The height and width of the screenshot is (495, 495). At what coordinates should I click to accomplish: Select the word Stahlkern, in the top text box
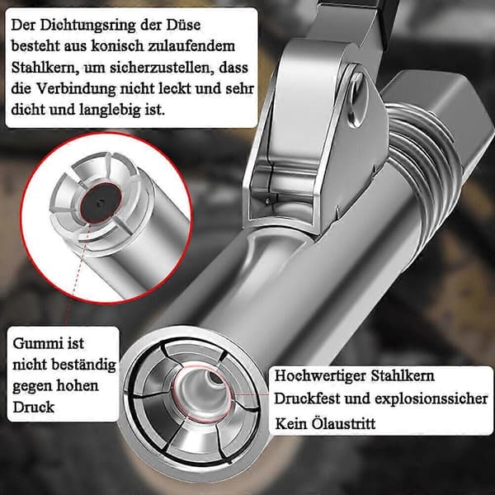coord(45,68)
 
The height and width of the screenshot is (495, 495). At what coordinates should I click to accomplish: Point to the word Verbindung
coord(77,89)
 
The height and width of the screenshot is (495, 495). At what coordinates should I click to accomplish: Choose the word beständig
coord(84,365)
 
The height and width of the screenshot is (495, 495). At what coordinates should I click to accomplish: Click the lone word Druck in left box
coord(34,408)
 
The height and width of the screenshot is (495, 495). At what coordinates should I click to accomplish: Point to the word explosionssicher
coord(431,399)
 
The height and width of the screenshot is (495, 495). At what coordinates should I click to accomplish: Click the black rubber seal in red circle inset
coord(101,202)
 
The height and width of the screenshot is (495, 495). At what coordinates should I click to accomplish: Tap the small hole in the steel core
coord(216,378)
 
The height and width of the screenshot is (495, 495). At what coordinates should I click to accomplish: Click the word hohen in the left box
coord(78,386)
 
